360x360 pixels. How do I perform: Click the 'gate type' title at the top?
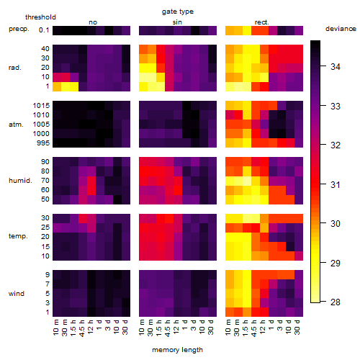[x=178, y=12]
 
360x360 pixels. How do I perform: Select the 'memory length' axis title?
[x=177, y=350]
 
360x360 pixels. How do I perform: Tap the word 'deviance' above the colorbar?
[x=341, y=29]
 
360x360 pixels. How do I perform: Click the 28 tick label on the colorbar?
[x=336, y=302]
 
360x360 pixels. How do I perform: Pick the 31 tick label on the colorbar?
[x=336, y=184]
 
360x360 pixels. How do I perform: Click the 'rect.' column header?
[x=262, y=22]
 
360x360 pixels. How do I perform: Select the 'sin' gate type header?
[x=177, y=22]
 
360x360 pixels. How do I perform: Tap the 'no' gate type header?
[x=93, y=22]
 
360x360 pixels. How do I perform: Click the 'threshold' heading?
[x=40, y=17]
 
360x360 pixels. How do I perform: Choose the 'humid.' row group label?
[x=20, y=181]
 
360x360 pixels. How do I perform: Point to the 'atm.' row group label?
[x=16, y=125]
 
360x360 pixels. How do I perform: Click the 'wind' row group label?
[x=17, y=294]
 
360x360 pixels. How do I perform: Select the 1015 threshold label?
[x=41, y=106]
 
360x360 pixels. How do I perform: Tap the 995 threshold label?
[x=43, y=143]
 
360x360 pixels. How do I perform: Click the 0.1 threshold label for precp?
[x=44, y=30]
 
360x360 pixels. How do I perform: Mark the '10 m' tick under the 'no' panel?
[x=56, y=327]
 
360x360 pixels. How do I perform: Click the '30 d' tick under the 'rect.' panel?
[x=297, y=327]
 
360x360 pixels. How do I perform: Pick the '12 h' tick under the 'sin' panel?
[x=176, y=327]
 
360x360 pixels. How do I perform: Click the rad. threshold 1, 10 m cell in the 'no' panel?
[x=57, y=86]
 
